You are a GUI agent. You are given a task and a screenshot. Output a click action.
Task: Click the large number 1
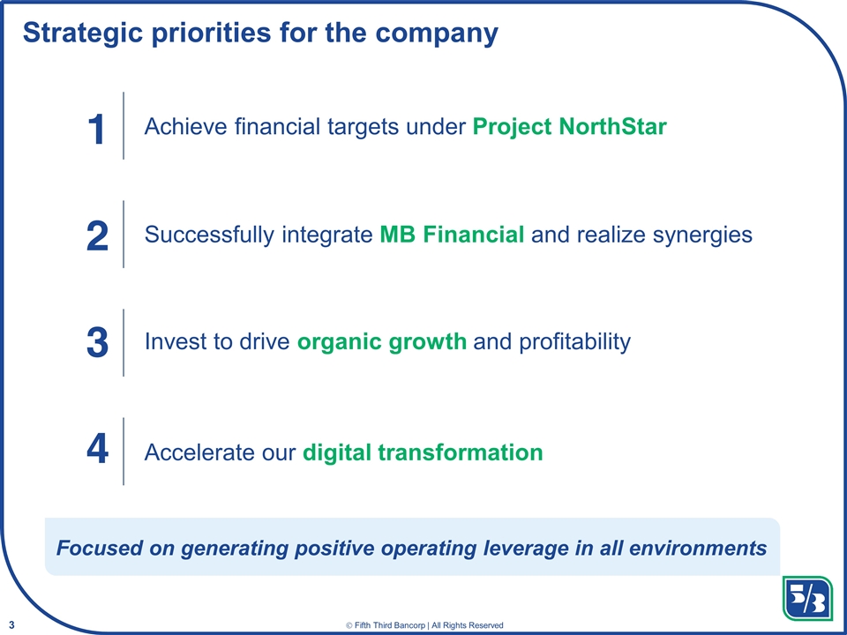click(x=97, y=129)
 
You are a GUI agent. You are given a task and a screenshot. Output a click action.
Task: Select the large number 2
click(x=97, y=236)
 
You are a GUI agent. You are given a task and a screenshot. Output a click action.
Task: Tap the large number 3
click(x=97, y=343)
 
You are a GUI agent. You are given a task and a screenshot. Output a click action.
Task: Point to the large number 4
click(x=97, y=452)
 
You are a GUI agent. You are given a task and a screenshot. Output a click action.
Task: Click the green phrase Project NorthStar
click(x=569, y=127)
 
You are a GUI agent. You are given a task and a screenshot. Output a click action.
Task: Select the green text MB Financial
click(x=452, y=235)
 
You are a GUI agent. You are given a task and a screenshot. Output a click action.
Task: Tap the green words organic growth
click(x=382, y=342)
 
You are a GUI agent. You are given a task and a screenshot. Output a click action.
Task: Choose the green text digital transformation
click(x=423, y=452)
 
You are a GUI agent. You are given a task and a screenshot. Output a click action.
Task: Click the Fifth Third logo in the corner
click(x=806, y=599)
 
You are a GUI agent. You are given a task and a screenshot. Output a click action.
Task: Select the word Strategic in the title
click(x=87, y=33)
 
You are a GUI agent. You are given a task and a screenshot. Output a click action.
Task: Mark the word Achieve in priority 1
click(x=184, y=127)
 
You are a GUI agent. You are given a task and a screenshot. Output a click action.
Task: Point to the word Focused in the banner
click(x=96, y=548)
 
